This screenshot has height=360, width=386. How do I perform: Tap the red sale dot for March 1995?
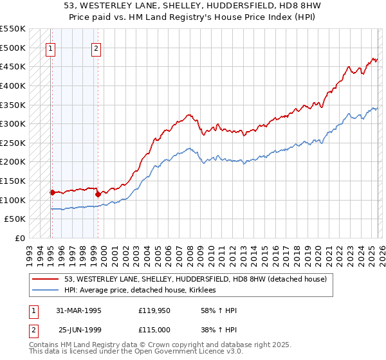pos(52,192)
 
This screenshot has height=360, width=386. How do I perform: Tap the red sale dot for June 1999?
pos(98,194)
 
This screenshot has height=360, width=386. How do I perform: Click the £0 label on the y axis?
pos(21,238)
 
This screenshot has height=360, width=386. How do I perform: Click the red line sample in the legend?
pos(46,279)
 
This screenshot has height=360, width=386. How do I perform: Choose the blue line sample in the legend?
pos(46,291)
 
